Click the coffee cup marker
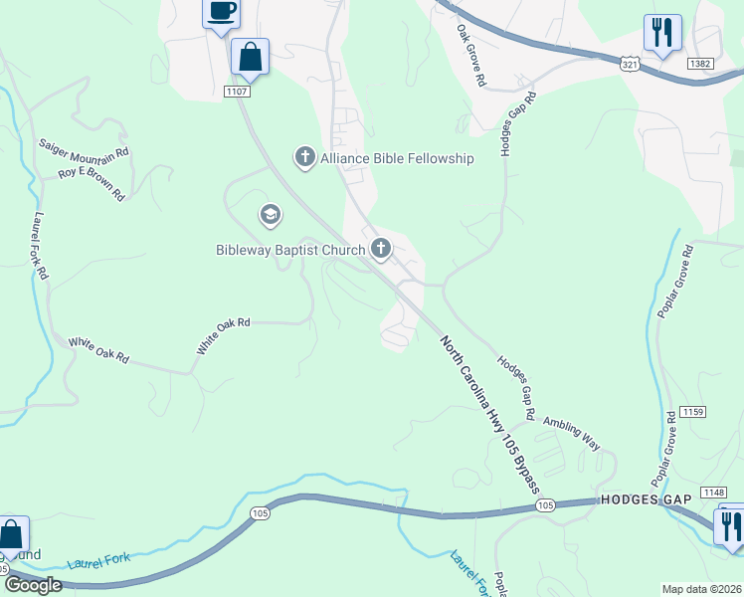click(x=221, y=13)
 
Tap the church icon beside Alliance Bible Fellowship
click(x=304, y=157)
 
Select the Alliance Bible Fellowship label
click(x=396, y=158)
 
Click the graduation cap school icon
click(x=269, y=215)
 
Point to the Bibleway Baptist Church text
click(x=291, y=250)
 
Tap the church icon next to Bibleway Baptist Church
click(x=381, y=249)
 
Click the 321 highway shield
click(x=629, y=64)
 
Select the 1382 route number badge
click(x=701, y=63)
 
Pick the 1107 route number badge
click(x=236, y=92)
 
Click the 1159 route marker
click(x=693, y=412)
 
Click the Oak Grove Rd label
click(x=470, y=54)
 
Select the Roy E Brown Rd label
click(x=91, y=182)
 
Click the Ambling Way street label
click(x=571, y=435)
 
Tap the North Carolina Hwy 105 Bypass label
click(x=490, y=414)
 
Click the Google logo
click(x=33, y=585)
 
